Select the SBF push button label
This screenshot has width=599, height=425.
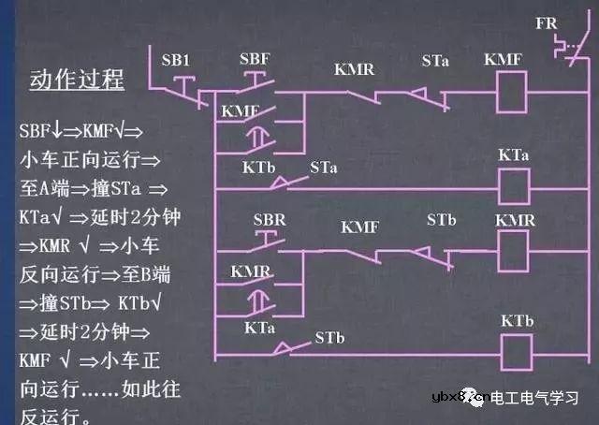click(255, 59)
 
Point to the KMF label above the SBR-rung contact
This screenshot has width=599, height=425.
click(360, 227)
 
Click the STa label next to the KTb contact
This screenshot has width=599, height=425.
click(324, 169)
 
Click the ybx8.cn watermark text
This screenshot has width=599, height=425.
click(457, 398)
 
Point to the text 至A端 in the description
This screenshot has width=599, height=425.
click(44, 186)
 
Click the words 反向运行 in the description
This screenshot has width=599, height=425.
click(52, 278)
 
